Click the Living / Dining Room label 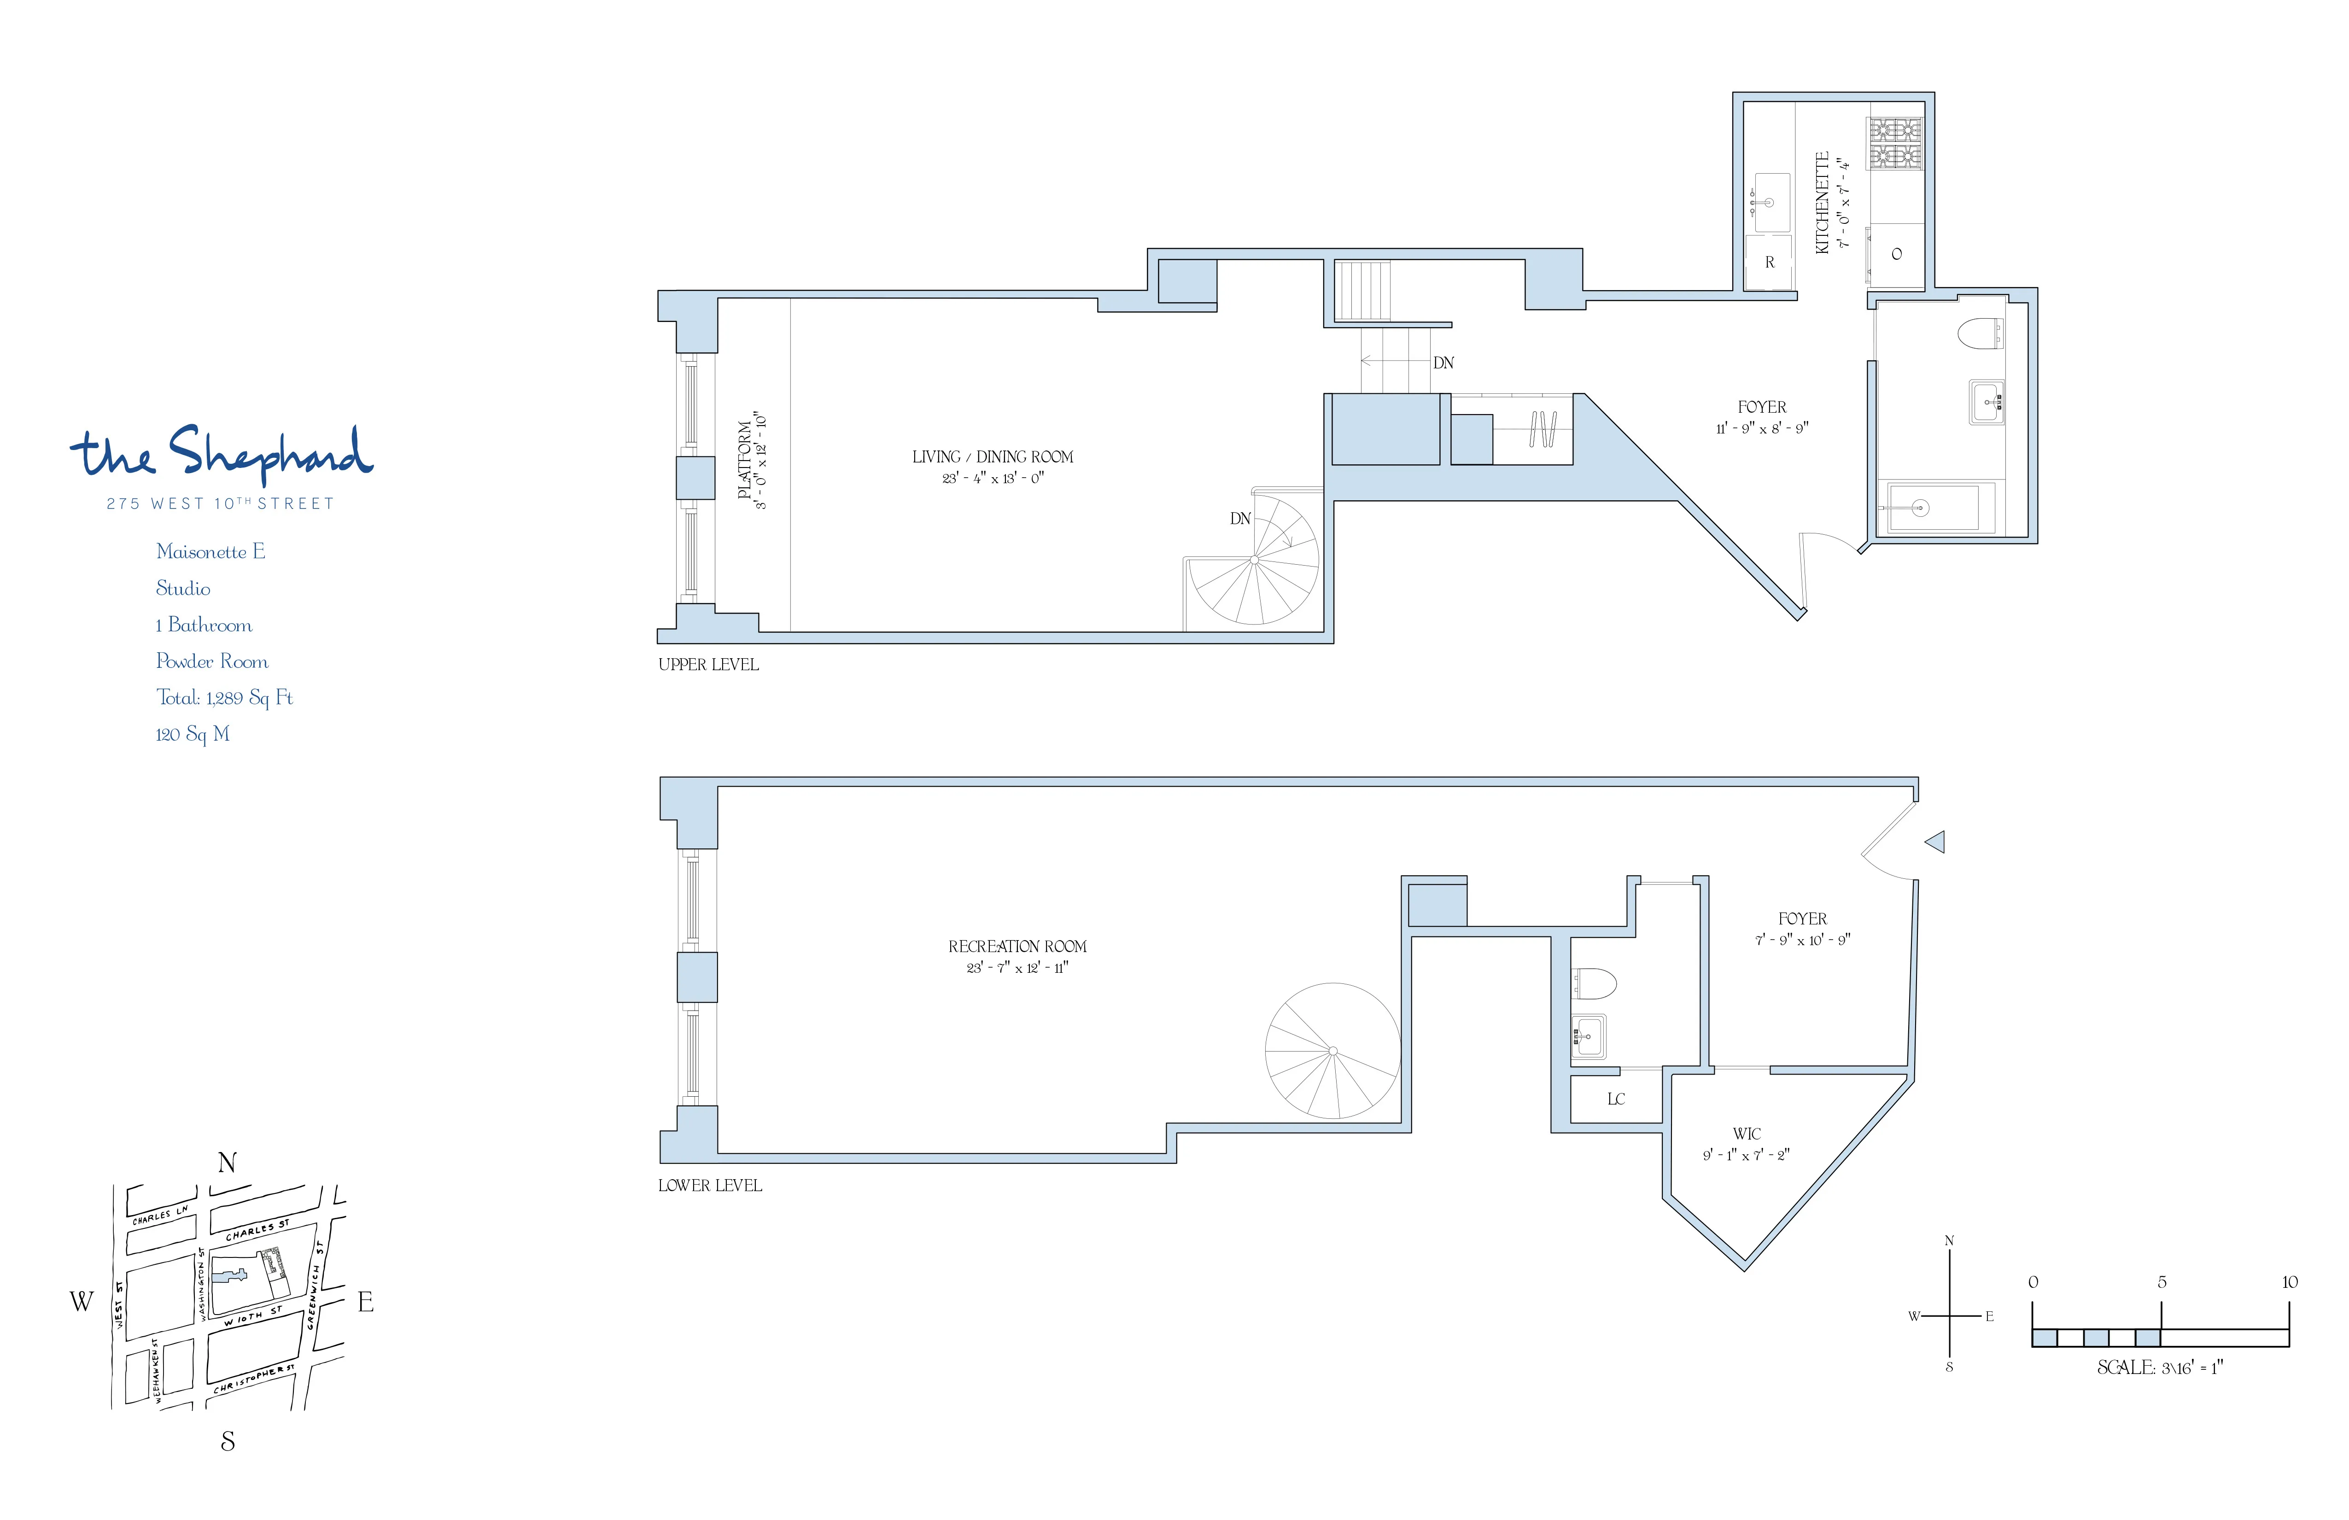click(992, 457)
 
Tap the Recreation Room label click(1017, 947)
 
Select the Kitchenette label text click(1822, 202)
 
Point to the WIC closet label click(1746, 1134)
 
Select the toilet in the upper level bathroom click(1979, 333)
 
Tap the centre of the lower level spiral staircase click(1332, 1051)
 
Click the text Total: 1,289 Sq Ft click(224, 698)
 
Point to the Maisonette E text click(210, 552)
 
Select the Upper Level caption click(707, 665)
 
